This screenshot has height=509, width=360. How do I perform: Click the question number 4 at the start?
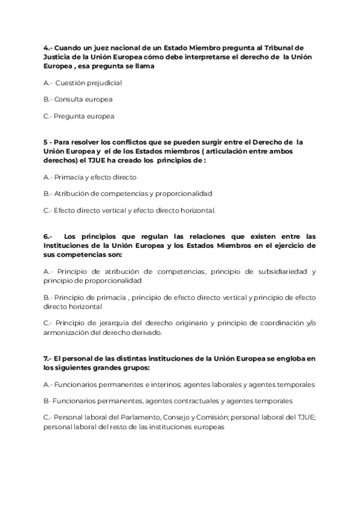click(47, 47)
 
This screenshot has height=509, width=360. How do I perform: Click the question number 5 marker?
click(46, 142)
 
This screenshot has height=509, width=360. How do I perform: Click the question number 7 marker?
click(47, 358)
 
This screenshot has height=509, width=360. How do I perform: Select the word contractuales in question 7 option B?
click(208, 400)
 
